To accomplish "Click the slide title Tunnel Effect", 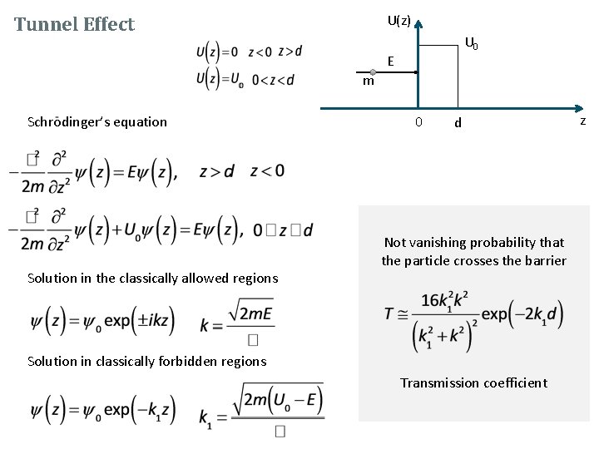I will point(74,24).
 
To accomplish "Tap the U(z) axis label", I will point(399,20).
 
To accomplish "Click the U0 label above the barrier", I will point(471,43).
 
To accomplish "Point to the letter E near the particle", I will point(389,60).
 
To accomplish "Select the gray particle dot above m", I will point(374,72).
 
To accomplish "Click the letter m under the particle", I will point(368,82).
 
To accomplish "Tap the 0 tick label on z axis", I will point(418,122).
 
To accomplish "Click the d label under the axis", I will point(457,124).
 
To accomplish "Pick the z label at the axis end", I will point(582,121).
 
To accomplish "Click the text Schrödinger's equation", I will point(97,121).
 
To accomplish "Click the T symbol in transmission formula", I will point(389,313).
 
